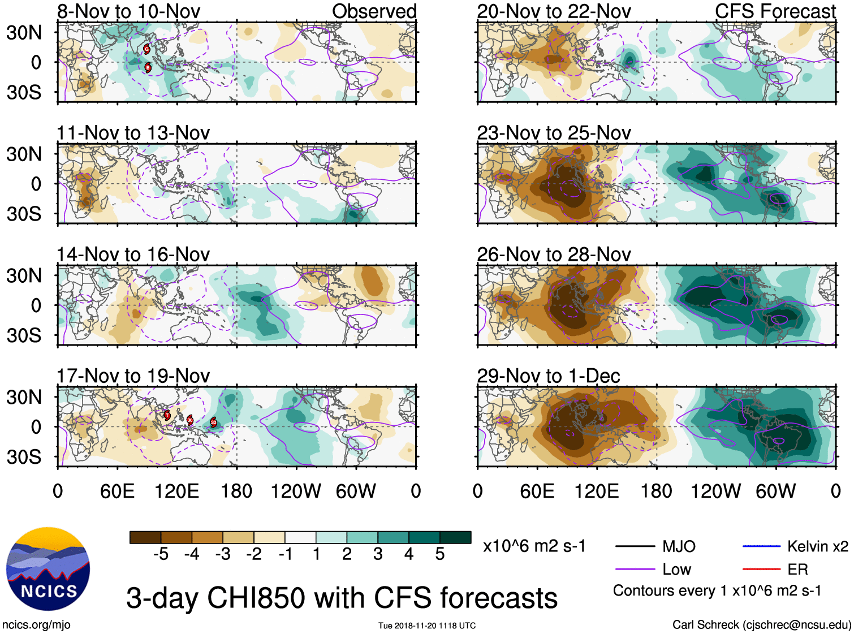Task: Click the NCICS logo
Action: point(48,569)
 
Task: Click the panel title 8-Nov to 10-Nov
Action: point(128,11)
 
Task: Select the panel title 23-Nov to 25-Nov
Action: point(554,133)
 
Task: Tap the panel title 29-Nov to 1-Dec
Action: point(548,376)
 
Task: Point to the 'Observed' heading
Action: point(374,11)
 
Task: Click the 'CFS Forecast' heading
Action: point(775,11)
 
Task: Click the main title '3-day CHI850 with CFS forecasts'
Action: point(342,598)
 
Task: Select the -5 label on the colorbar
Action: point(161,554)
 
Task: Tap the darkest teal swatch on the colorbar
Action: point(455,537)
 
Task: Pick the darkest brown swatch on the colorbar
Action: point(145,537)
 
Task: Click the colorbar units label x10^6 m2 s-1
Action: point(534,546)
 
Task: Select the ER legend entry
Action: point(797,569)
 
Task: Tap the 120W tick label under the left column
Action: point(296,491)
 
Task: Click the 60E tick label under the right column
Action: point(537,491)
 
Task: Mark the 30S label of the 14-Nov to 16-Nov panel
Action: point(24,335)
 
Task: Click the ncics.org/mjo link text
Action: point(36,624)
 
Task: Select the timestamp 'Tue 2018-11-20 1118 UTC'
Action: point(427,626)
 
